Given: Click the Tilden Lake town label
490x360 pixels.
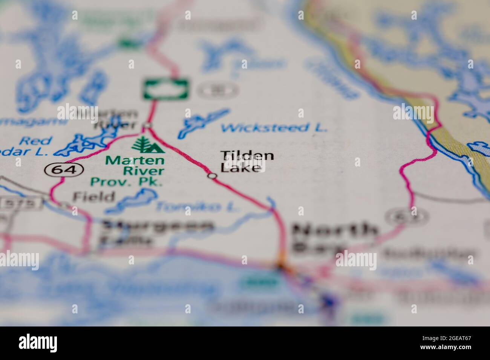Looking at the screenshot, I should pyautogui.click(x=247, y=161).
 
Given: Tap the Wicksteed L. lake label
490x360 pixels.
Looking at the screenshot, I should pyautogui.click(x=273, y=128).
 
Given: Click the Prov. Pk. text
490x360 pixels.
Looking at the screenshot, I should pyautogui.click(x=126, y=182).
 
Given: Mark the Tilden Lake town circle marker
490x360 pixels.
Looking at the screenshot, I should pyautogui.click(x=213, y=176).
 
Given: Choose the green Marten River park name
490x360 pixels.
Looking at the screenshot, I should pyautogui.click(x=135, y=165).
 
